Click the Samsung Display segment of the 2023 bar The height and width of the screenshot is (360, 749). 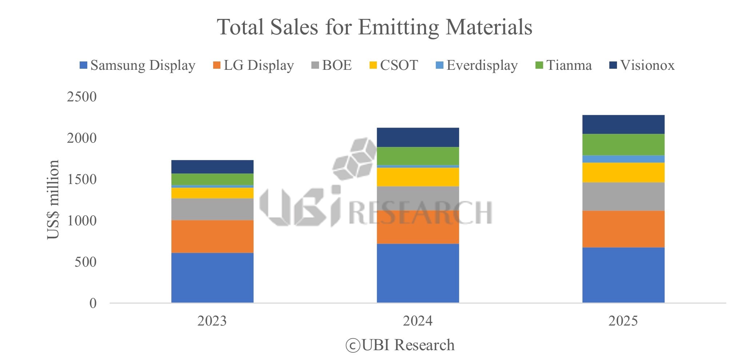tap(212, 277)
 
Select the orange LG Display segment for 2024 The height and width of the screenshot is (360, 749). tap(418, 227)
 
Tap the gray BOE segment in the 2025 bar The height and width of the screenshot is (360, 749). tap(623, 196)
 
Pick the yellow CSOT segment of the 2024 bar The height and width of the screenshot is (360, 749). tap(418, 177)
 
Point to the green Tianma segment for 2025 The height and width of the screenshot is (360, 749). tap(623, 144)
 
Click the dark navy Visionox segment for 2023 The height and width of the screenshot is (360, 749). tap(212, 167)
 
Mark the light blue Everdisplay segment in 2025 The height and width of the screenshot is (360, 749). tap(623, 159)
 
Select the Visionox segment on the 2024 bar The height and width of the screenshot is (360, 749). tap(418, 137)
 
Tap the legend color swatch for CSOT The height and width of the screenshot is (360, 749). tap(373, 65)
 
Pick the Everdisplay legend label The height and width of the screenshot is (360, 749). tap(482, 65)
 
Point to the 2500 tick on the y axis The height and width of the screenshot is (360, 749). tap(82, 97)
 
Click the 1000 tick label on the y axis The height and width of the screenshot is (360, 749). tap(82, 221)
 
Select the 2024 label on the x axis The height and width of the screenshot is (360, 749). tap(418, 321)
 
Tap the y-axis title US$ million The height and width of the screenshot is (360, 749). tap(53, 200)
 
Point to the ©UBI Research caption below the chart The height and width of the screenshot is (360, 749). tap(400, 345)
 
